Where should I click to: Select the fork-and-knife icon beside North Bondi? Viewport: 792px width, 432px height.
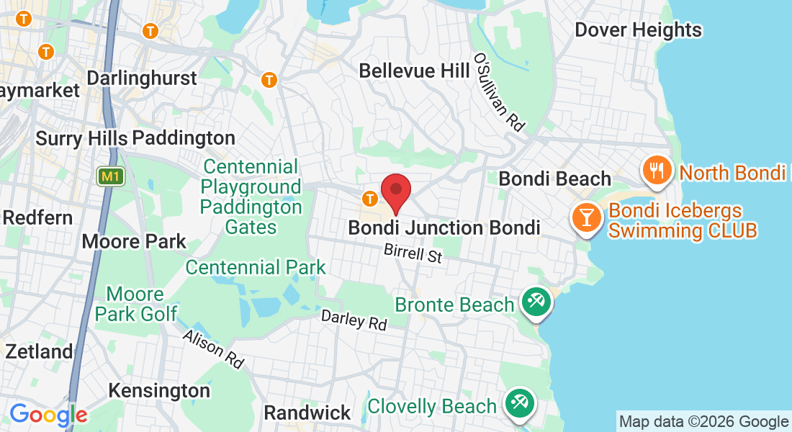coord(657,171)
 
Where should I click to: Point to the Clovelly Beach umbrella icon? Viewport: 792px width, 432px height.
coord(518,402)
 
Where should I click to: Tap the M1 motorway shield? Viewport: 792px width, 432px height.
coord(110,176)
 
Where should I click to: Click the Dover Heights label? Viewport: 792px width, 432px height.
coord(638,30)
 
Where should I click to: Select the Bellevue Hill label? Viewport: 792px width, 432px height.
coord(408,71)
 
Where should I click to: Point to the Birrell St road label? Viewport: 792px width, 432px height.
coord(413,253)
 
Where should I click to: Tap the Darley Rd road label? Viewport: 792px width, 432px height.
coord(354,319)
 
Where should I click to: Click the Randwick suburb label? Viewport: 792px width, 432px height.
coord(307,413)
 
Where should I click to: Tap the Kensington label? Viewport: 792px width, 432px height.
coord(159,390)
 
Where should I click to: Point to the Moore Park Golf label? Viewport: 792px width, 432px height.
coord(136,304)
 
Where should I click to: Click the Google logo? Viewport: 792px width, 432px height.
coord(48,415)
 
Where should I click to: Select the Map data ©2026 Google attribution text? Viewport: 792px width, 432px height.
coord(703,421)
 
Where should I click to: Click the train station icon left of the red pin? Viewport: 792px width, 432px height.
coord(370,197)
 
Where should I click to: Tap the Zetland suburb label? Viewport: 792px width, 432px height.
coord(39,351)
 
